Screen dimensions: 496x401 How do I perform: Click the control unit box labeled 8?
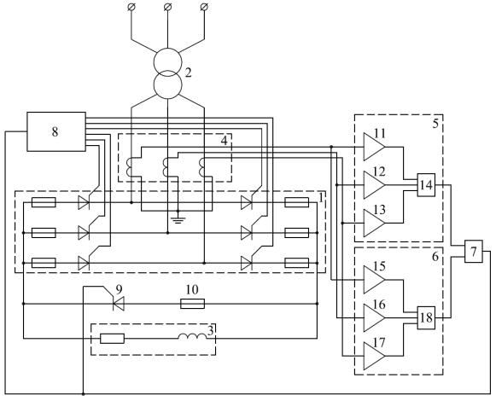[x=56, y=131]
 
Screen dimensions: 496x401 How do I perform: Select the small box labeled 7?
[x=474, y=252]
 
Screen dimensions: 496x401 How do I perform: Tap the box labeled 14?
[x=426, y=184]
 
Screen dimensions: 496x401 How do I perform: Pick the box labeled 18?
[x=426, y=317]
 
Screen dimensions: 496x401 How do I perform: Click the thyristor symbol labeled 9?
[x=119, y=304]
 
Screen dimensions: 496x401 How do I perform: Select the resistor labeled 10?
[x=193, y=304]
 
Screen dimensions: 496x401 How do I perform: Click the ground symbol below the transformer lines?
[x=178, y=219]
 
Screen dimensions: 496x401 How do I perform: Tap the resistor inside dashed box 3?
[x=113, y=339]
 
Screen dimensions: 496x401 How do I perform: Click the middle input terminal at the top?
[x=167, y=6]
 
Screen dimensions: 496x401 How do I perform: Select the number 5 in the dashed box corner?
[x=435, y=124]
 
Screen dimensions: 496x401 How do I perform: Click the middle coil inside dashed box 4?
[x=166, y=167]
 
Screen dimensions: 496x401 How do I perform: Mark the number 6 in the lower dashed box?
[x=435, y=257]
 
